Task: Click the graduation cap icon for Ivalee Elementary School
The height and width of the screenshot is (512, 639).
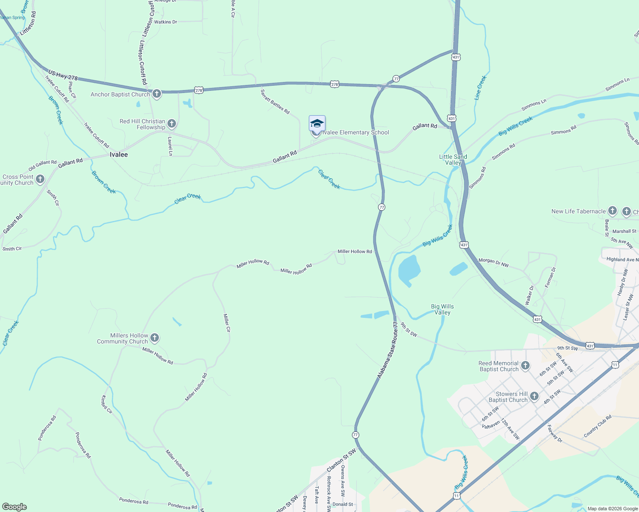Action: click(x=317, y=124)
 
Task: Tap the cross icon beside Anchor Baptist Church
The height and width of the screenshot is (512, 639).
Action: click(x=157, y=94)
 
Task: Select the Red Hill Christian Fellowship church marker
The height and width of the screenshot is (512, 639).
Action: click(x=172, y=124)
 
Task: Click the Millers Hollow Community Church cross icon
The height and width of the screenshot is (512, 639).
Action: click(x=155, y=338)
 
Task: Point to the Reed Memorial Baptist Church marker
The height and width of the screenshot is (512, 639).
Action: click(x=525, y=366)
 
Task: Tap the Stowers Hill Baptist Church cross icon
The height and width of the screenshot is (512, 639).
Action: click(x=534, y=397)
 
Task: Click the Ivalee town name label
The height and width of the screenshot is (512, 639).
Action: click(x=119, y=154)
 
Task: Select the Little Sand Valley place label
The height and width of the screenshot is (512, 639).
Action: click(x=453, y=160)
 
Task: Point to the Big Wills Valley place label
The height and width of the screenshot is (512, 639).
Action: click(x=443, y=309)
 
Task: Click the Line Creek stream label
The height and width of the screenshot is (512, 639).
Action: click(x=480, y=88)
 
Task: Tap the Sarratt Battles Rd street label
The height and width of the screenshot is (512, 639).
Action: click(x=275, y=102)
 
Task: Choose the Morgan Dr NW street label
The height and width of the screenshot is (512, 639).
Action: click(x=494, y=262)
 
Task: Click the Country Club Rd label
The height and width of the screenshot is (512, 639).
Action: click(x=598, y=426)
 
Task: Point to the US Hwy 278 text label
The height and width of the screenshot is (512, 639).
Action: click(x=63, y=75)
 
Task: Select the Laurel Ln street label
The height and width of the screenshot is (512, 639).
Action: click(x=170, y=146)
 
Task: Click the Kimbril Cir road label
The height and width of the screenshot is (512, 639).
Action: click(x=106, y=404)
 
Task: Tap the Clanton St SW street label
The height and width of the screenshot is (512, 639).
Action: click(x=341, y=460)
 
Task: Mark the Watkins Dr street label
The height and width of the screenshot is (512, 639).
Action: click(x=165, y=22)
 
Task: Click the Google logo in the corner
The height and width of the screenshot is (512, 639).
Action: click(x=15, y=507)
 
